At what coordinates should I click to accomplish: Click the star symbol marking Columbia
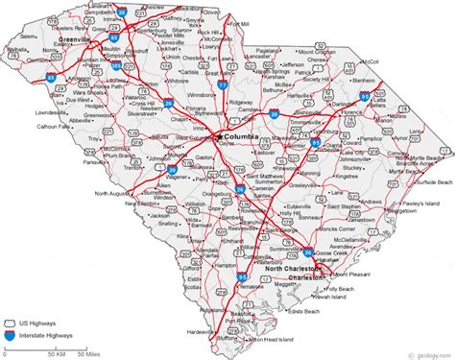pyautogui.click(x=219, y=138)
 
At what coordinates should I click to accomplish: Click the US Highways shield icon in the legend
pyautogui.click(x=12, y=324)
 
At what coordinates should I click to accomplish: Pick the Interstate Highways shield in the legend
pyautogui.click(x=12, y=338)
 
